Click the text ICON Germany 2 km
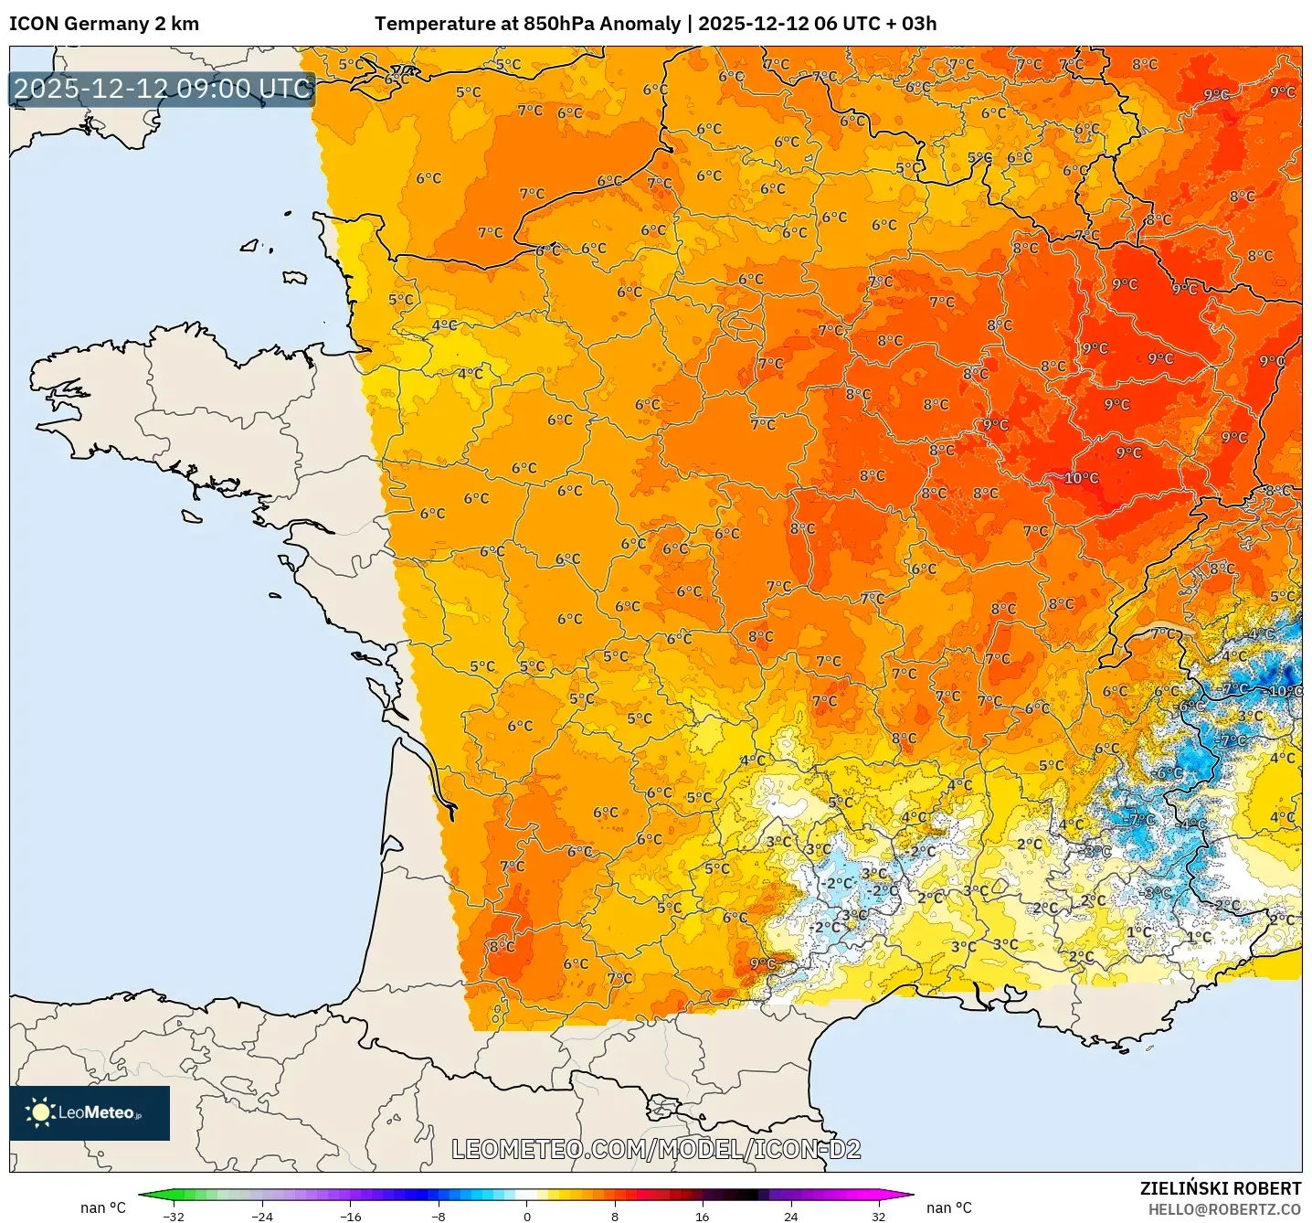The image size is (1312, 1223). (x=104, y=24)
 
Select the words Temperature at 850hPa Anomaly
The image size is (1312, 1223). (x=527, y=24)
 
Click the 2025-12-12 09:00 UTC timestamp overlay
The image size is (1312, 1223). (x=163, y=89)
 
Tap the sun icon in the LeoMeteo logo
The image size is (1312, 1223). (x=40, y=1111)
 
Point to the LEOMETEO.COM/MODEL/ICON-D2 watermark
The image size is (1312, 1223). (x=656, y=1149)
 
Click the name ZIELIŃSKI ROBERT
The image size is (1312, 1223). (x=1220, y=1188)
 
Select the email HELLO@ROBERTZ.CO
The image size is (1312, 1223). (x=1224, y=1209)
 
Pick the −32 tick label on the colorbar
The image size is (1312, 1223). (x=173, y=1217)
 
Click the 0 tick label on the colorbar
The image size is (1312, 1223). (x=527, y=1217)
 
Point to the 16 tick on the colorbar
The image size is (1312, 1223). (x=702, y=1217)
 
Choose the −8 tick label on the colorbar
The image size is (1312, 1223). (x=439, y=1217)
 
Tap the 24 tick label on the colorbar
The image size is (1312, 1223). (x=790, y=1217)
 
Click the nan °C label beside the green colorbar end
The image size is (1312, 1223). (x=103, y=1207)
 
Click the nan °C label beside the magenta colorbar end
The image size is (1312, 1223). (x=949, y=1207)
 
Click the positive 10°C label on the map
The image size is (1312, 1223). (x=1081, y=478)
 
